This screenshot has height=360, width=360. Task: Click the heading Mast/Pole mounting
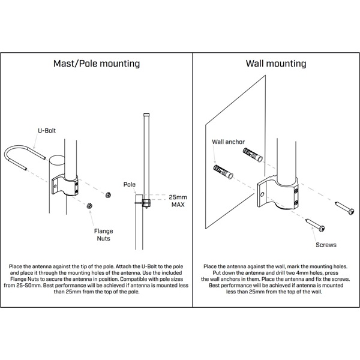point(97,63)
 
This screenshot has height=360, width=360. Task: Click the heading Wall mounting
point(276,63)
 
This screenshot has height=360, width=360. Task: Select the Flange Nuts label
point(103,235)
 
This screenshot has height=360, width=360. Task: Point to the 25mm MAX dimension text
point(178,200)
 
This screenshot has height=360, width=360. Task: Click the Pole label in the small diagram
point(130,185)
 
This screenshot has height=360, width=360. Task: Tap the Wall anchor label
point(228,142)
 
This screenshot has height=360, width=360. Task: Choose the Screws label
point(325,245)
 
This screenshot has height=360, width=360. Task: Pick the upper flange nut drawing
point(107,194)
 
